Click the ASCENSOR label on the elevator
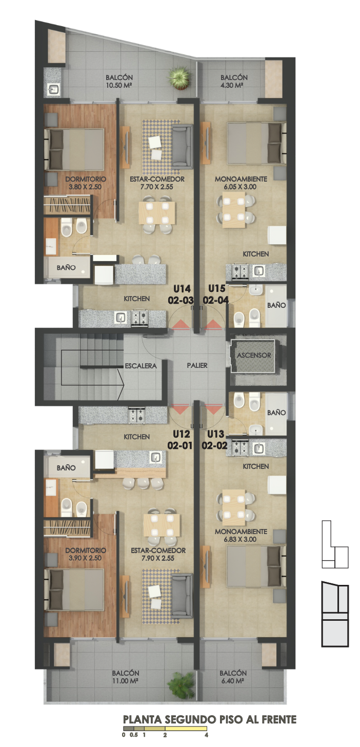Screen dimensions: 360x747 coord(254,356)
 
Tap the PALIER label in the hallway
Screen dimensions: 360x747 coord(197,365)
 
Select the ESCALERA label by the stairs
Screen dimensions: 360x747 coord(141,366)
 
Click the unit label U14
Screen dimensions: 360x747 coord(182,288)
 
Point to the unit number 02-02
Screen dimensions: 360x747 coord(215,445)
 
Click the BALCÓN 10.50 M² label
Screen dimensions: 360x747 coord(119,81)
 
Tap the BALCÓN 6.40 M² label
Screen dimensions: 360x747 coord(233,677)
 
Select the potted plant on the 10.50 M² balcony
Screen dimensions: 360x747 coord(180,78)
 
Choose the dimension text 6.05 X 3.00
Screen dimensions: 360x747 coord(240,187)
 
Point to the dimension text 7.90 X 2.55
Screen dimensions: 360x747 coord(158,558)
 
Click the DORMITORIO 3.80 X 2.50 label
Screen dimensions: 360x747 coord(85,183)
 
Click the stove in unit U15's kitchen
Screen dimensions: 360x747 coord(240,271)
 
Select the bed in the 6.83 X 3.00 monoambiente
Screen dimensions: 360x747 coord(256,566)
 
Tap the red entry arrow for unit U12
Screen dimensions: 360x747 coord(181,409)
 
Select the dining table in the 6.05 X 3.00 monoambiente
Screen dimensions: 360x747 coord(234,211)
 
